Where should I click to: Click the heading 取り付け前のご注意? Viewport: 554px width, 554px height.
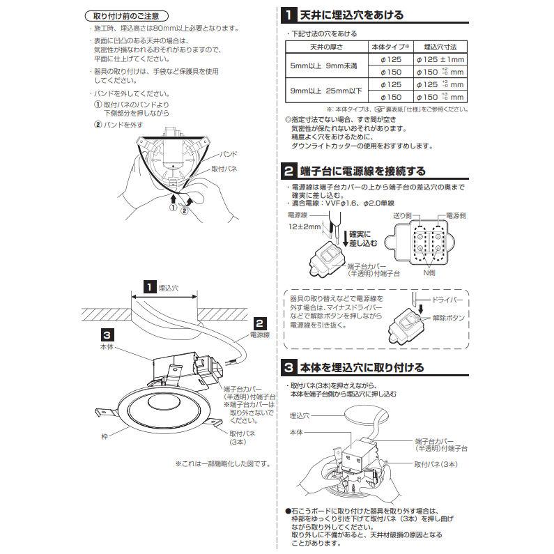pos(130,15)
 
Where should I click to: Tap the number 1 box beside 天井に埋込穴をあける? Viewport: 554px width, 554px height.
pos(288,14)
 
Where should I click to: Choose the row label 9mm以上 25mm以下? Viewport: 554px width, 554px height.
pos(325,91)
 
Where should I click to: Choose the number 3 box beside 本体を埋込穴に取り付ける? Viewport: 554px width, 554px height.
pos(288,367)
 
